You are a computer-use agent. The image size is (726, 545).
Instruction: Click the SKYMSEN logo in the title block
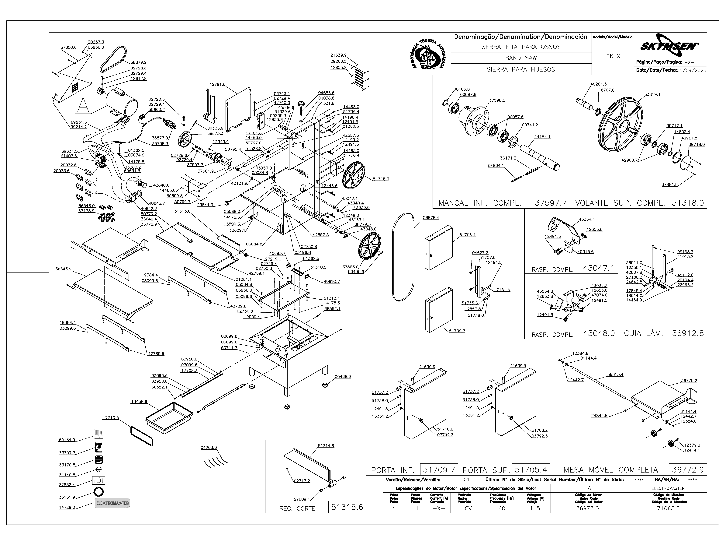coord(669,45)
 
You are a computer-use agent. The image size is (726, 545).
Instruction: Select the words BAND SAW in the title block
coord(521,58)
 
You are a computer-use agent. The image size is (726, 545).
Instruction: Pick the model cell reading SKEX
coord(613,56)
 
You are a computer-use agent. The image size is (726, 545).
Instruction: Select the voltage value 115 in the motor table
coord(535,508)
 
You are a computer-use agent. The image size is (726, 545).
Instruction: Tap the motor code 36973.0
coord(587,508)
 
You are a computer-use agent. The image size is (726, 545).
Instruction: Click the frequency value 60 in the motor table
coord(502,508)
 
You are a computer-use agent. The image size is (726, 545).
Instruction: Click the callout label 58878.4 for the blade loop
coord(431,217)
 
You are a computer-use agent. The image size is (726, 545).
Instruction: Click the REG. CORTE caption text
coord(297,508)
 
